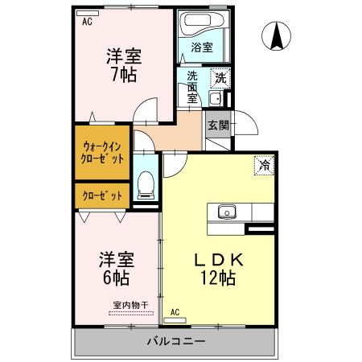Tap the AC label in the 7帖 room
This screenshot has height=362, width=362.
(x=87, y=23)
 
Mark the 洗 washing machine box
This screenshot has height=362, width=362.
(x=220, y=78)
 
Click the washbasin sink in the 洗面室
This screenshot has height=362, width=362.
(x=216, y=100)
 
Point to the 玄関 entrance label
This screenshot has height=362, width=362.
(x=217, y=125)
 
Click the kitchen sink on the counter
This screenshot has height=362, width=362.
(x=225, y=212)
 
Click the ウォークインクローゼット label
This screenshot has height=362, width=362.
(x=101, y=152)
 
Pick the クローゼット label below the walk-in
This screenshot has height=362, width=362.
(x=101, y=195)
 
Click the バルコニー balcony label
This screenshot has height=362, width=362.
(x=175, y=341)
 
